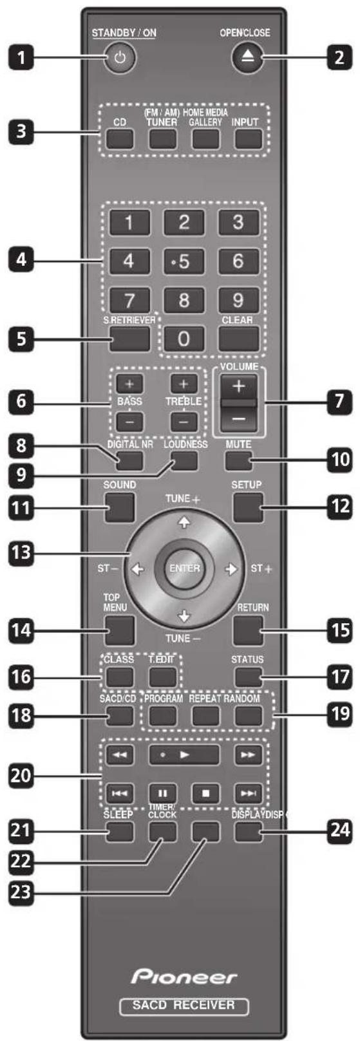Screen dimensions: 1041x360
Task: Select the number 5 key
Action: (184, 261)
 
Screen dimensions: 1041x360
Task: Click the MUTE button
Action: (238, 460)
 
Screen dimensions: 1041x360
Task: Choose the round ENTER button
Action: (184, 568)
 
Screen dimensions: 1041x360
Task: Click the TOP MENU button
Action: (120, 630)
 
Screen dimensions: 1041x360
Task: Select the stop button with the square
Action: (206, 793)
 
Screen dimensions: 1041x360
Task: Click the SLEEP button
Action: (120, 832)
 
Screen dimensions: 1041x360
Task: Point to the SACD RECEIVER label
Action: (184, 1005)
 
